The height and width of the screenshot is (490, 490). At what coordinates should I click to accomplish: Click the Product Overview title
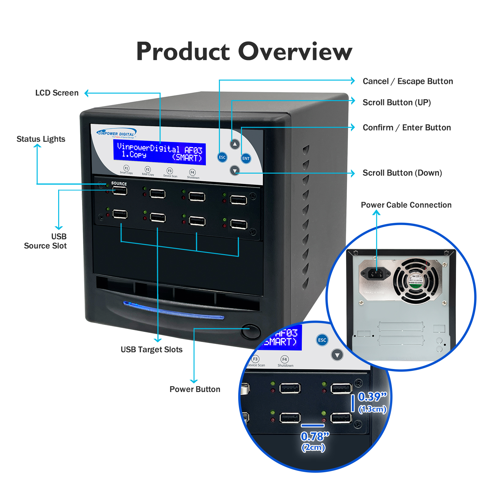coord(244,51)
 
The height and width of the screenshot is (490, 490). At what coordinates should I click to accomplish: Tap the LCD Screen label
coord(57,93)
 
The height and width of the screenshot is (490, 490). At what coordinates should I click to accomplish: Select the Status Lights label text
coord(41,139)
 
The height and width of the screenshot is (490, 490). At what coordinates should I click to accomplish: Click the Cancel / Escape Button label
coord(408,81)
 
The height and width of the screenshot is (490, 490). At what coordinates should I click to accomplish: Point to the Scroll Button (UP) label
coord(397,102)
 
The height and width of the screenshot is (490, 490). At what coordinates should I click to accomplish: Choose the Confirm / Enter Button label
coord(407,127)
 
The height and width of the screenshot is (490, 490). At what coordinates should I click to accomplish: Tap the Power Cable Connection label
coord(406,205)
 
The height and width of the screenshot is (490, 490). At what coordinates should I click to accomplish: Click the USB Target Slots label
coord(151,349)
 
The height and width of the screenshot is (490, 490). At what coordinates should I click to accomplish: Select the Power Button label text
coord(195,389)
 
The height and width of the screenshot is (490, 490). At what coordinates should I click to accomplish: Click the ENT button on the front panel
coord(246,158)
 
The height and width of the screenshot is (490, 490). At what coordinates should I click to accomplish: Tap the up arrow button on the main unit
coord(235,144)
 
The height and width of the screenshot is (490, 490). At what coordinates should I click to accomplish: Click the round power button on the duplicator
coord(251,331)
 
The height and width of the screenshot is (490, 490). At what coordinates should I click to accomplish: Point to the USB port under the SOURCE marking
coord(120,191)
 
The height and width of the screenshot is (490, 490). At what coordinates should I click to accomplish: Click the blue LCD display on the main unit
coord(159,153)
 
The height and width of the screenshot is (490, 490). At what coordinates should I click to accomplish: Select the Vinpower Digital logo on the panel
coord(116,134)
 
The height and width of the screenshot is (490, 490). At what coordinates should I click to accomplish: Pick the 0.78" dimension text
coord(315,436)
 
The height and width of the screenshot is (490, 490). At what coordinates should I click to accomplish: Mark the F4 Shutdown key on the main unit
coord(192,173)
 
